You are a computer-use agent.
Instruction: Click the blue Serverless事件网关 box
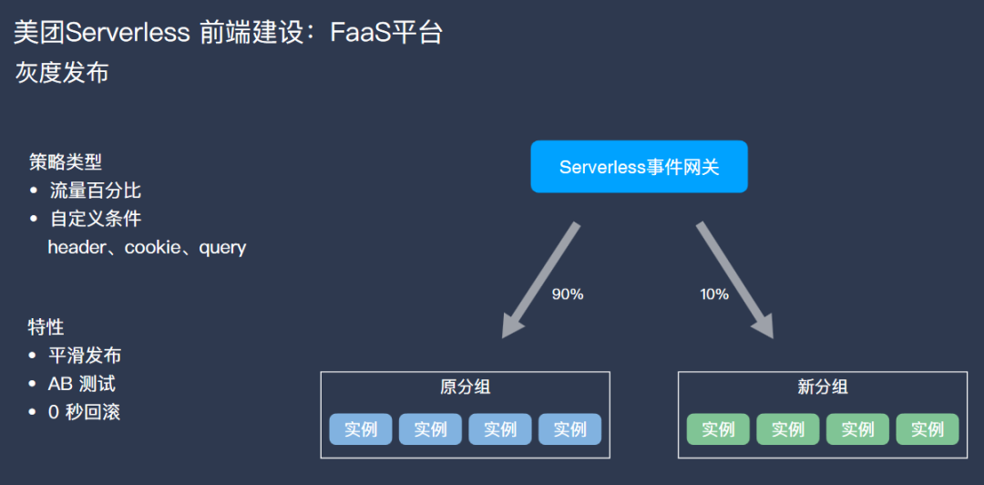[x=639, y=167]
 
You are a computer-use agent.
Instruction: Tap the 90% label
[x=568, y=294]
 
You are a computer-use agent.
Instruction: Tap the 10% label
[x=714, y=294]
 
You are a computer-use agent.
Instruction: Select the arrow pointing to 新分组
[x=735, y=279]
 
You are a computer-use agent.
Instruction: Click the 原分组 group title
[x=465, y=387]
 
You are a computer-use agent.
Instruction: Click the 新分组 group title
[x=823, y=387]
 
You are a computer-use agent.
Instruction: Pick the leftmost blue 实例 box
[x=361, y=429]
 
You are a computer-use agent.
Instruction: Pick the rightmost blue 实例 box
[x=570, y=429]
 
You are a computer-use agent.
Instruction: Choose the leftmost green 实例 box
[x=718, y=429]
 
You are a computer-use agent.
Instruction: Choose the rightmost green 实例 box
[x=928, y=429]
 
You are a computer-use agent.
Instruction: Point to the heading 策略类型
[x=66, y=162]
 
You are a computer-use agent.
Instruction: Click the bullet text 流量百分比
[x=96, y=191]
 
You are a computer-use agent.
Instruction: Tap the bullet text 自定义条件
[x=96, y=219]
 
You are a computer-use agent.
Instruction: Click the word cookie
[x=152, y=247]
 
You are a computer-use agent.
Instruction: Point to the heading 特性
[x=46, y=327]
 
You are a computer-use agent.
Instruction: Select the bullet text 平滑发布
[x=85, y=356]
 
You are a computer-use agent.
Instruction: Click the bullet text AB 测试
[x=82, y=384]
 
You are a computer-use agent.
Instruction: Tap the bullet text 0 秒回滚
[x=85, y=412]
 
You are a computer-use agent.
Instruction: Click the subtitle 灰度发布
[x=62, y=73]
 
